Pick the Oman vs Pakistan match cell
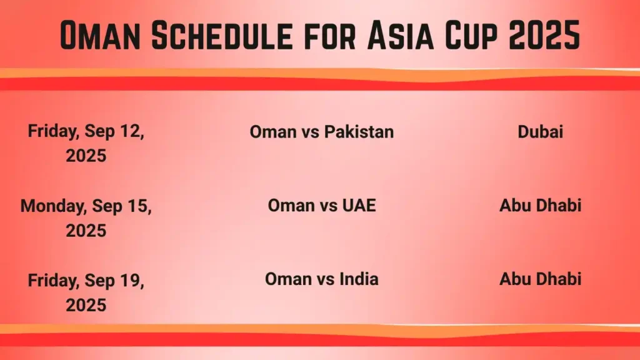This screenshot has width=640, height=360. (321, 132)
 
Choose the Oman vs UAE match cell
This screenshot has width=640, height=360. (321, 205)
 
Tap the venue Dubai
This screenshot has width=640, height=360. (540, 132)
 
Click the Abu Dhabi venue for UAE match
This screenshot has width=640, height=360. (540, 205)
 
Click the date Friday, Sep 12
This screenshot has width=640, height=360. (86, 132)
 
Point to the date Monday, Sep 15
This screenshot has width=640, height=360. (86, 206)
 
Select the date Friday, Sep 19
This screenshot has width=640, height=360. (86, 281)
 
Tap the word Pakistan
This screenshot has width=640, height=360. (358, 132)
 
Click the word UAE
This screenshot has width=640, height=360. (359, 205)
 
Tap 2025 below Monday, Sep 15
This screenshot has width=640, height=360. (86, 230)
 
